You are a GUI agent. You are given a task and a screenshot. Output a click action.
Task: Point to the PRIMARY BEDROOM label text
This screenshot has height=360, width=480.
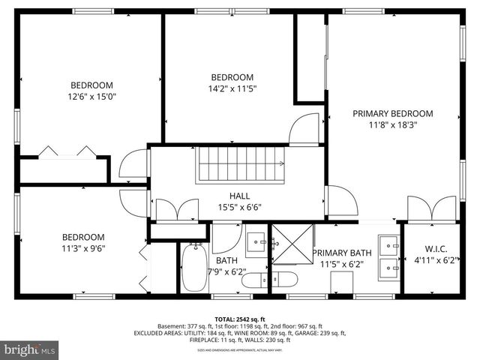tap(393, 114)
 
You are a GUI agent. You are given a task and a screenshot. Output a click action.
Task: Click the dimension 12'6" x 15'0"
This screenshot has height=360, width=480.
tap(91, 97)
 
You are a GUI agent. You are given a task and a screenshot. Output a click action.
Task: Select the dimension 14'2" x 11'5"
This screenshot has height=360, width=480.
tap(232, 88)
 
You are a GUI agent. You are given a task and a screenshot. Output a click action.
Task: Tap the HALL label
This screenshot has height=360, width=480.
tap(240, 196)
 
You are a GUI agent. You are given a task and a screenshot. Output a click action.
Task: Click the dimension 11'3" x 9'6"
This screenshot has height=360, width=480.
tap(83, 248)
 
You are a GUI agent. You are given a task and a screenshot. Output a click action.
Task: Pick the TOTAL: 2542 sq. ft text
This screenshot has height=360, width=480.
tap(240, 318)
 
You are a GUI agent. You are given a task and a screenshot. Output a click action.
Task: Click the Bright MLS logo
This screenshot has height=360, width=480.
tap(30, 349)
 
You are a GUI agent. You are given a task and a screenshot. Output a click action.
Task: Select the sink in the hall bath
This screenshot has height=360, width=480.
tap(257, 242)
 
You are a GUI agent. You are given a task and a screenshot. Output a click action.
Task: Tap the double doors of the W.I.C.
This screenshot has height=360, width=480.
tap(431, 208)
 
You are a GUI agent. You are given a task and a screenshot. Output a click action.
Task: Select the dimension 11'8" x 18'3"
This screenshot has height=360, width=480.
tap(393, 125)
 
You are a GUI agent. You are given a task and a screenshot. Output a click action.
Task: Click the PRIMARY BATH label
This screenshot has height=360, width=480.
tap(341, 253)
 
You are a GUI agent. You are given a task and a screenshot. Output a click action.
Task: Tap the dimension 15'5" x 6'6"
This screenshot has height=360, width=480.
tap(240, 208)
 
